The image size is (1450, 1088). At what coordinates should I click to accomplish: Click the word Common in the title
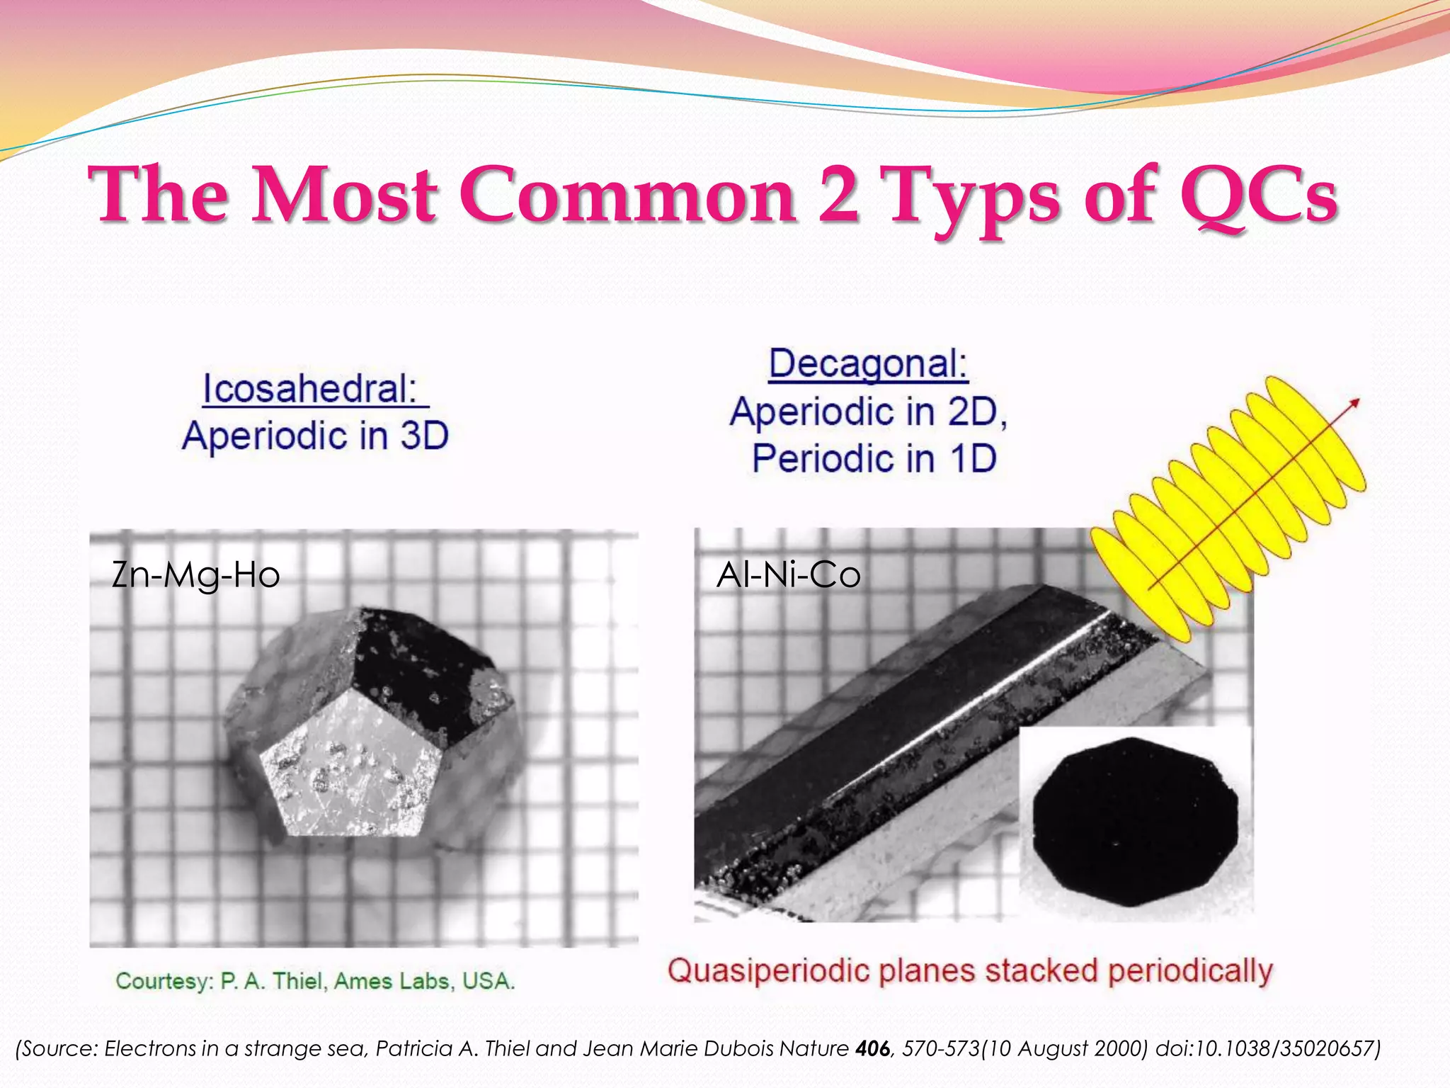627,195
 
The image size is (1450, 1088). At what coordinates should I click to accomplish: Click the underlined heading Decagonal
868,364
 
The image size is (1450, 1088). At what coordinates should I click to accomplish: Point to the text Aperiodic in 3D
315,435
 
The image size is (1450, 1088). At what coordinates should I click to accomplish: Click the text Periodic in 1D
874,458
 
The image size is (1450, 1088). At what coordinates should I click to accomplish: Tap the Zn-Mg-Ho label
196,574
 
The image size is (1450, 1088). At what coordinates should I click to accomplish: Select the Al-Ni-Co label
788,574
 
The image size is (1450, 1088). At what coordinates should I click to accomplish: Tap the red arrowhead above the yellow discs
1354,403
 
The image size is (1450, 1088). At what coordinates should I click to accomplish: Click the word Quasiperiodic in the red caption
768,970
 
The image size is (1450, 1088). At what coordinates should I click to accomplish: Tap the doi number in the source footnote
1267,1048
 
